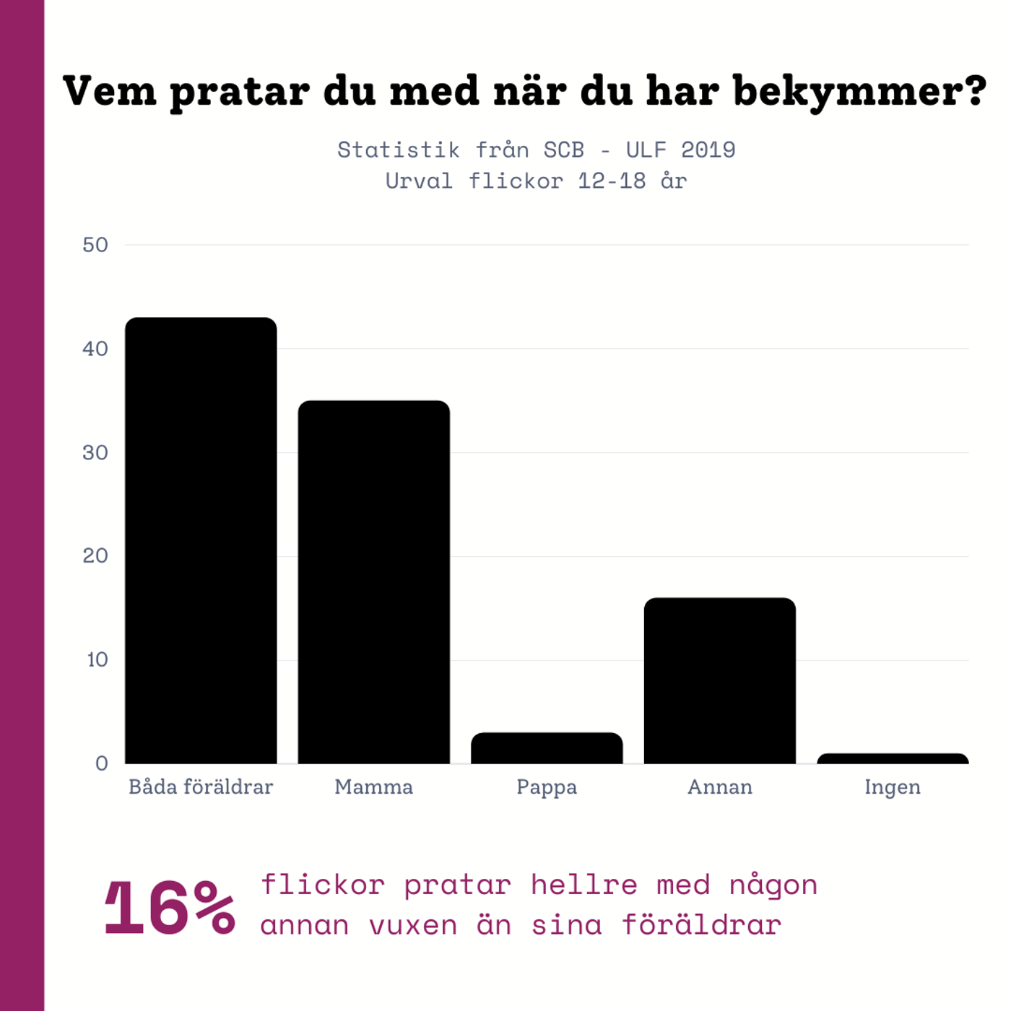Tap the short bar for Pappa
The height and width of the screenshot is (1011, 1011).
547,748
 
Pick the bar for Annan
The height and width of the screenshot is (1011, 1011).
719,680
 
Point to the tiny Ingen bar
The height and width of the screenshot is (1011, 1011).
893,758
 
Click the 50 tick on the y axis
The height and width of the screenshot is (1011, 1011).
95,245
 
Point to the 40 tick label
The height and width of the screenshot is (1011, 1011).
95,349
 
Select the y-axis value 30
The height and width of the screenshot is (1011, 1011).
95,453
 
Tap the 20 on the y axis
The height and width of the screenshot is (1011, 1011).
95,556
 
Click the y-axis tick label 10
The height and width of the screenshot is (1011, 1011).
97,660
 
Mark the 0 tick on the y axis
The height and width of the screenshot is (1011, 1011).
102,763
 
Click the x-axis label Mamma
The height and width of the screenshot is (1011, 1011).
373,787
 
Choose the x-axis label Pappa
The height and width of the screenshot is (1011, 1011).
547,788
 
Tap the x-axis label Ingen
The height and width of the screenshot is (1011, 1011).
893,788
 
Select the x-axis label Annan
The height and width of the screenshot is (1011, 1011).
719,787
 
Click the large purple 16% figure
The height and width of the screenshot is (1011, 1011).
170,908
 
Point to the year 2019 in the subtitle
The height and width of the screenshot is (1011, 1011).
708,149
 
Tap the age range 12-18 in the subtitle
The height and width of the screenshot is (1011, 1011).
612,181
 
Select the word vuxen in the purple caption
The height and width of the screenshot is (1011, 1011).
413,925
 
